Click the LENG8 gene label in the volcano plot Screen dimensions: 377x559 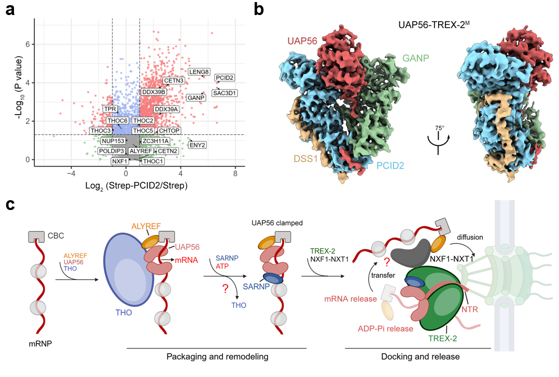tap(199, 72)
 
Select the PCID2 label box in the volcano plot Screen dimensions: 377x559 tap(225, 78)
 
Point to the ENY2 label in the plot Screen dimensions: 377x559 tap(197, 145)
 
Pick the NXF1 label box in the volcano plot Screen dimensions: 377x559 tap(121, 161)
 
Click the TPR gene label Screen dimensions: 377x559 tap(110, 109)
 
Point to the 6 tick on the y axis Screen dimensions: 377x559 tap(28, 44)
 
